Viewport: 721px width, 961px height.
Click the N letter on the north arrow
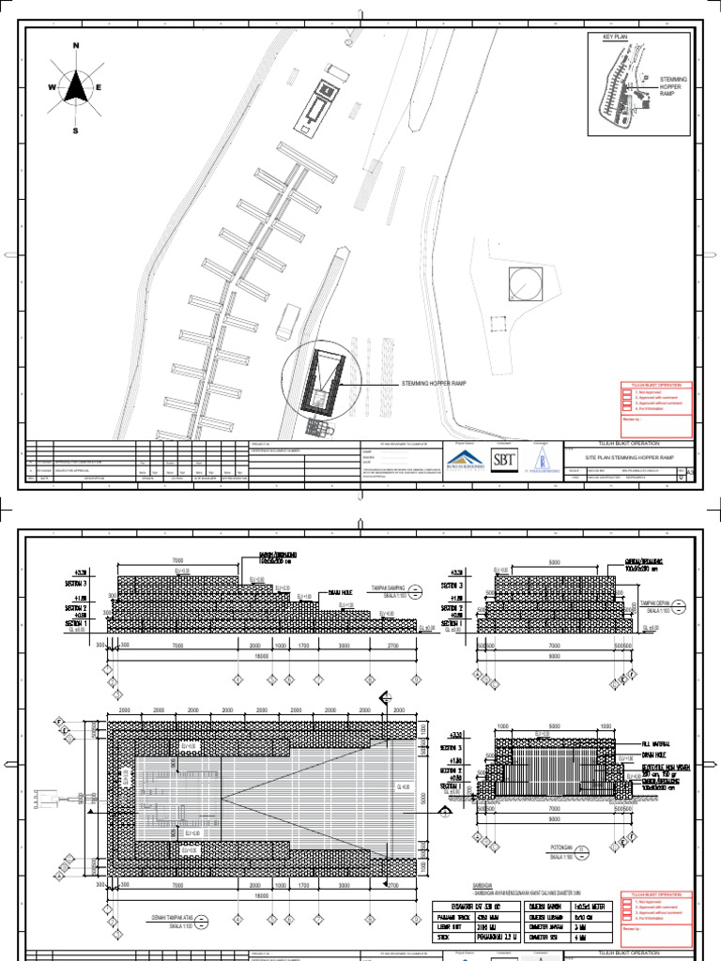[x=76, y=45]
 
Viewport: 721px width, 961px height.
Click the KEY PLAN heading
[x=606, y=37]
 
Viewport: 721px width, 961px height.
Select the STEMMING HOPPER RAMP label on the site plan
[x=433, y=384]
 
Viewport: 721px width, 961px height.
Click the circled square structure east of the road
[x=524, y=282]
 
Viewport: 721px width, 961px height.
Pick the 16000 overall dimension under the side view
[x=261, y=658]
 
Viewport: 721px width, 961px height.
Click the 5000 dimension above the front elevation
[x=556, y=563]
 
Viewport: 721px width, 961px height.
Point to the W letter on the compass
[x=54, y=87]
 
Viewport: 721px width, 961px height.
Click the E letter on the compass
[x=99, y=87]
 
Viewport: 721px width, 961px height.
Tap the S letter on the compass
[x=76, y=131]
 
